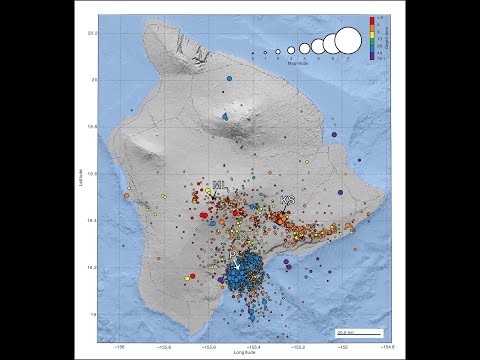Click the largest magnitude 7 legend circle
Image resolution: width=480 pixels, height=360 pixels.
347,41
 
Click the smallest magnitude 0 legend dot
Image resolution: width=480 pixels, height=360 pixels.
252,53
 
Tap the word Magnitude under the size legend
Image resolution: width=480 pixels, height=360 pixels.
299,63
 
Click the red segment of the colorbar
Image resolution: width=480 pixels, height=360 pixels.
372,20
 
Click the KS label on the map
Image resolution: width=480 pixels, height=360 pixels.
288,200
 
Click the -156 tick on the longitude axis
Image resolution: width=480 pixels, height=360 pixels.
120,346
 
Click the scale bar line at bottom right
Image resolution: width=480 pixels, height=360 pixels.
359,330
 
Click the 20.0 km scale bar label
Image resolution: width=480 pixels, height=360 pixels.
344,326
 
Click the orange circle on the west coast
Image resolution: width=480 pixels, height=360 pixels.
126,196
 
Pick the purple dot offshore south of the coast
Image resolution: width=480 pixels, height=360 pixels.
287,264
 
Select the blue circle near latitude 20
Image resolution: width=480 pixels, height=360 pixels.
229,78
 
